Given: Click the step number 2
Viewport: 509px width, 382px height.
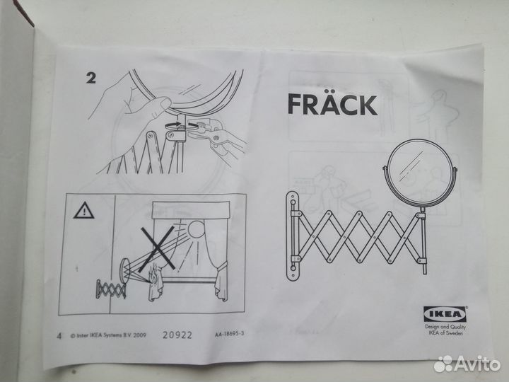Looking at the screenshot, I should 90,79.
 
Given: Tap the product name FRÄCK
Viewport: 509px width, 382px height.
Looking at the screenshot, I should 332,105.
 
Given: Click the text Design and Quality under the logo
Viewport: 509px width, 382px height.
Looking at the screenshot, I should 445,328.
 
